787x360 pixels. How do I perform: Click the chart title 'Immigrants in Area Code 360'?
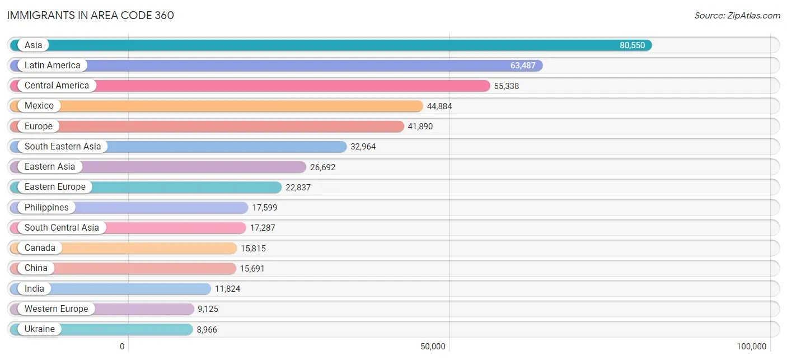(x=91, y=15)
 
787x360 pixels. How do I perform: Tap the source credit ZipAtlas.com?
(x=737, y=15)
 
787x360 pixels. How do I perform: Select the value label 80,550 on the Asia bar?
(x=632, y=45)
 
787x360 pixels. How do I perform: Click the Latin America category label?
(x=52, y=66)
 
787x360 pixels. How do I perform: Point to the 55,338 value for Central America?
(x=506, y=86)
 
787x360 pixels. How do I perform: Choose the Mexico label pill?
(x=39, y=106)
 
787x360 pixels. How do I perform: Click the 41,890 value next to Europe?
(x=420, y=127)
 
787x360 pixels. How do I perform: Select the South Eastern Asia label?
(x=63, y=147)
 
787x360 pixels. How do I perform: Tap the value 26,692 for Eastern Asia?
(x=322, y=167)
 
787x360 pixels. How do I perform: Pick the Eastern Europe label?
(x=55, y=187)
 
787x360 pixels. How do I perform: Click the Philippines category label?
(x=46, y=207)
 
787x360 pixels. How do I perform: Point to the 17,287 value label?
(x=263, y=228)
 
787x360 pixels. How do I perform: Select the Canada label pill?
(x=40, y=248)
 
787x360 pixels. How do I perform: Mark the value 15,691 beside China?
(x=252, y=268)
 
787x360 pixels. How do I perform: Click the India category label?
(x=34, y=288)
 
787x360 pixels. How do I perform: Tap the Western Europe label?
(x=56, y=309)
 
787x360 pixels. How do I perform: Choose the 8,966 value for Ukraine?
(x=207, y=330)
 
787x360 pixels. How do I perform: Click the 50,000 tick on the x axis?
(x=433, y=347)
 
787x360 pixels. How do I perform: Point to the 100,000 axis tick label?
(x=751, y=347)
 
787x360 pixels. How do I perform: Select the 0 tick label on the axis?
(x=122, y=347)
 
